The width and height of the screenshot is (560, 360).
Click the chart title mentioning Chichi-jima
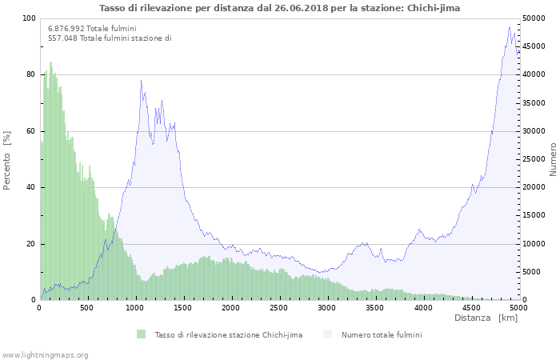click(279, 8)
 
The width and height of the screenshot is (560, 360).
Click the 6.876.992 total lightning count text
click(92, 29)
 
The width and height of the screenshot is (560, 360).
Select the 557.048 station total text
click(110, 38)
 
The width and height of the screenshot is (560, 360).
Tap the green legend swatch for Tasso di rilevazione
click(142, 334)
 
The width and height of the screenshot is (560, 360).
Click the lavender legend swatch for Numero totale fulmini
click(327, 334)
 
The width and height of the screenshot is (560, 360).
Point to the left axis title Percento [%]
click(6, 160)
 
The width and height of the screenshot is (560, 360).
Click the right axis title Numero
click(553, 160)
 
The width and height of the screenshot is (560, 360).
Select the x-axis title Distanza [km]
click(486, 318)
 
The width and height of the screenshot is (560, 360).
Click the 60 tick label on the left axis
click(31, 131)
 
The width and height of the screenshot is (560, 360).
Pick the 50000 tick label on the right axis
click(534, 18)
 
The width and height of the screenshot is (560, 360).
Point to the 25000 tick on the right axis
click(534, 159)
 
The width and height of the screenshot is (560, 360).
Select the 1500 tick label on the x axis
click(183, 308)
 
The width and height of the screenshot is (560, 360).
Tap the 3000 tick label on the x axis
click(326, 308)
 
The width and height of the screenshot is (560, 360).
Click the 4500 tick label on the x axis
click(471, 308)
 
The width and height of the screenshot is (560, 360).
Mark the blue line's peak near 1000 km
click(142, 80)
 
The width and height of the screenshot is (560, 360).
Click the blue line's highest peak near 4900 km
click(510, 27)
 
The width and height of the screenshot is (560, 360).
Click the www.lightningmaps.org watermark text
click(45, 355)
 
